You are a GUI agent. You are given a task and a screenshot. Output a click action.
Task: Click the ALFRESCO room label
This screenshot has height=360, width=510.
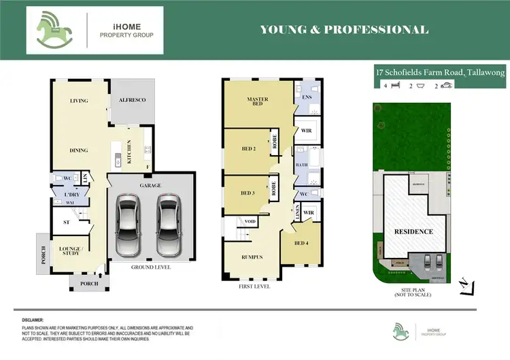click(x=133, y=100)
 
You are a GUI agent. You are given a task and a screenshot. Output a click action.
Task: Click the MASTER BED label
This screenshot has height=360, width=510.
click(x=257, y=102)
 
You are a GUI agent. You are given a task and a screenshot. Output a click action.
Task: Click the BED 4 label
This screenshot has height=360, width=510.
click(x=301, y=243)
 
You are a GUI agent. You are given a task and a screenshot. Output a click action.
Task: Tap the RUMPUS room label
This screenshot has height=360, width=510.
click(x=252, y=257)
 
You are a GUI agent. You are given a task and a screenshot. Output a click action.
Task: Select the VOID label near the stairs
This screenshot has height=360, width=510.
click(x=250, y=222)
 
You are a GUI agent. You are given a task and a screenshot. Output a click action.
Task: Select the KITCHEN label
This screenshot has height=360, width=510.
click(x=129, y=156)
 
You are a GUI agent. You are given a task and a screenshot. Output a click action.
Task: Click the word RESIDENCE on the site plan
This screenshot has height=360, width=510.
click(x=414, y=231)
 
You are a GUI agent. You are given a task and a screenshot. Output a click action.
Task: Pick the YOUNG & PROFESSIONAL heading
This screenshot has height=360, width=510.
click(x=344, y=30)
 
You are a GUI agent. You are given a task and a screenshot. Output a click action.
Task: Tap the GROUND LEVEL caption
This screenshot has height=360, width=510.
click(x=151, y=267)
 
